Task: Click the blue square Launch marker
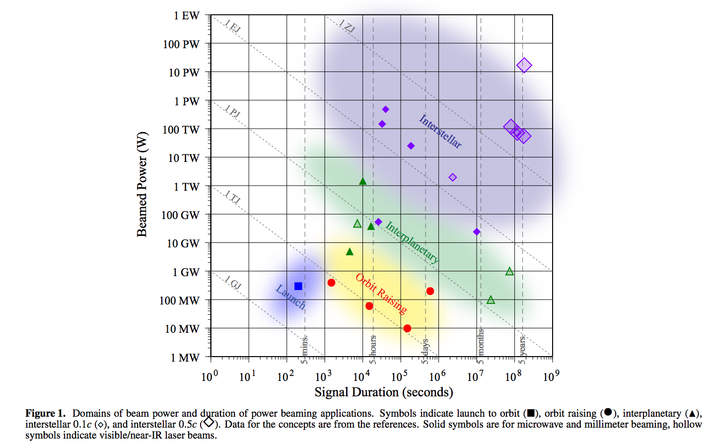coord(298,286)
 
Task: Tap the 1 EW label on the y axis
coord(186,16)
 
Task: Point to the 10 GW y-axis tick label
coord(183,243)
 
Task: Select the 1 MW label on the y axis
coord(185,358)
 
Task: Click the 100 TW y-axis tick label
coord(181,130)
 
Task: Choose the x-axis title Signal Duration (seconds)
coord(384,392)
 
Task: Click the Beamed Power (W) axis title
coord(142,184)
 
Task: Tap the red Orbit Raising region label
coord(381,294)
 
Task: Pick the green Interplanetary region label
coord(412,242)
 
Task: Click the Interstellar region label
coord(440,132)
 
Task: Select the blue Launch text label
coord(290,297)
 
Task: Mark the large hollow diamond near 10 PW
coord(524,65)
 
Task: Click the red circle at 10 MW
coord(407,328)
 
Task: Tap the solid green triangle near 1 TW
coord(363,181)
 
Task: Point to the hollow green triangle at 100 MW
coord(491,299)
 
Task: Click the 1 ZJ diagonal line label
coord(347,26)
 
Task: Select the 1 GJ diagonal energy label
coord(232,283)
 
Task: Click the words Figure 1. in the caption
coord(45,413)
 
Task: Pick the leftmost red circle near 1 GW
coord(331,283)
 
